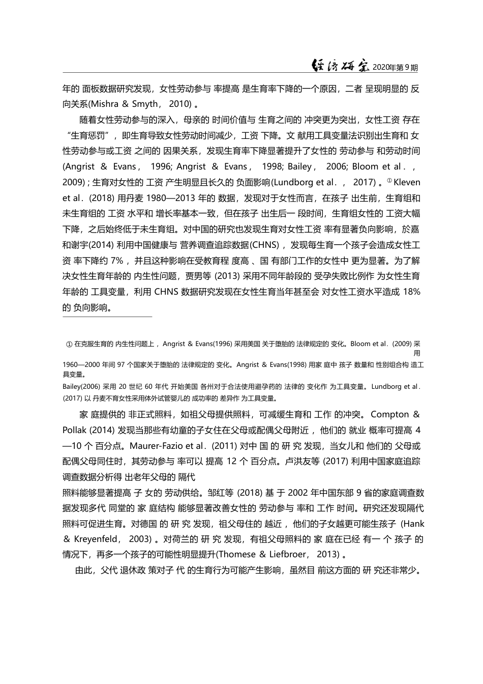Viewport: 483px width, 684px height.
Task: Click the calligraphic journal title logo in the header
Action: click(340, 67)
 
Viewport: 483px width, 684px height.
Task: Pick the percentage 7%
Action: click(117, 261)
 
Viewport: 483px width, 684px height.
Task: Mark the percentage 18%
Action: click(411, 292)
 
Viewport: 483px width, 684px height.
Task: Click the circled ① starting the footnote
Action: click(70, 344)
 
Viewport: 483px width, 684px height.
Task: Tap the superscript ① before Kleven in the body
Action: click(389, 180)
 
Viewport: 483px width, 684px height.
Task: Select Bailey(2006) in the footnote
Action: click(82, 386)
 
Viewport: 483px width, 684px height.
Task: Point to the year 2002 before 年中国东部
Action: click(299, 493)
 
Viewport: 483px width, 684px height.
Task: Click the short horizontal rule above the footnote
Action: click(107, 317)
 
